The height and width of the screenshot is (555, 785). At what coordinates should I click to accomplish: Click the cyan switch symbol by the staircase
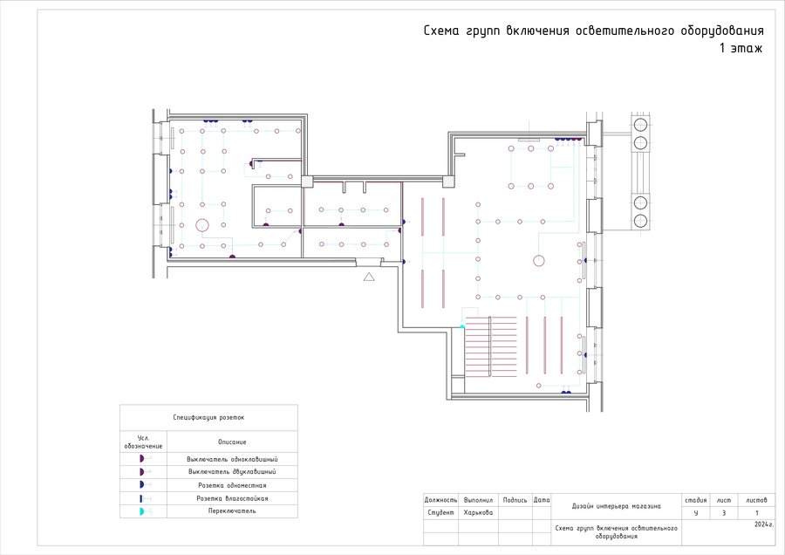tap(462, 326)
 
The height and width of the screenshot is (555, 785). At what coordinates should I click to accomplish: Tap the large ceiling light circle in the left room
tap(201, 225)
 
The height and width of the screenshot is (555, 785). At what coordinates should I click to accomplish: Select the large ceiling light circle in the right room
tap(539, 261)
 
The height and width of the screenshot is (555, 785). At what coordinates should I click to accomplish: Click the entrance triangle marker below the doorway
tap(369, 277)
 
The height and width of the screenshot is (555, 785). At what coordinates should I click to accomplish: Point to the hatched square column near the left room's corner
tap(307, 181)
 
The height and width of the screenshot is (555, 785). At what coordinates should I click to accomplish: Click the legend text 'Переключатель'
tap(232, 510)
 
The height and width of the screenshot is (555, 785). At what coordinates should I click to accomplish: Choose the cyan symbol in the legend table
tap(142, 511)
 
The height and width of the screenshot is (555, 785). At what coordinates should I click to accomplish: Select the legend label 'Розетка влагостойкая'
tap(232, 498)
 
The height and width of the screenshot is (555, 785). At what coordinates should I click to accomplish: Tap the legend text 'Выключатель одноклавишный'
tap(232, 459)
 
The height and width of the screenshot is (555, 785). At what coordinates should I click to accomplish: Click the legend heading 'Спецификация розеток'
tap(208, 417)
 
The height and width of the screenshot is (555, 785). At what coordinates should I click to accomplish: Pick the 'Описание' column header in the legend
tap(232, 442)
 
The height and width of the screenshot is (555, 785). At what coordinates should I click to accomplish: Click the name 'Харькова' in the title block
tap(478, 512)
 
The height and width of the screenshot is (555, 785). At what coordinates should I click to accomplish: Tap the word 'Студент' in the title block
tap(440, 512)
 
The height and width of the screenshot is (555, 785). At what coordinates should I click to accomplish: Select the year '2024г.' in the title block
tap(764, 524)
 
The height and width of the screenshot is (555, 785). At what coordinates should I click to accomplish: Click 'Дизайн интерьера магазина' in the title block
tap(617, 506)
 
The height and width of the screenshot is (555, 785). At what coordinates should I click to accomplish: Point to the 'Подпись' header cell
tap(515, 500)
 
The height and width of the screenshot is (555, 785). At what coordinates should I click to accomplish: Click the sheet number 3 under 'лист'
tap(724, 513)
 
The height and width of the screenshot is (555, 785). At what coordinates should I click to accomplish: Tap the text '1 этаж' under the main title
tap(741, 48)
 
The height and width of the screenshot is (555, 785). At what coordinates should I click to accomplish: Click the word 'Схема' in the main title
tap(441, 31)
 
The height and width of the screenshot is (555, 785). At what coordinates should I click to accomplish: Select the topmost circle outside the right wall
tap(640, 124)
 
